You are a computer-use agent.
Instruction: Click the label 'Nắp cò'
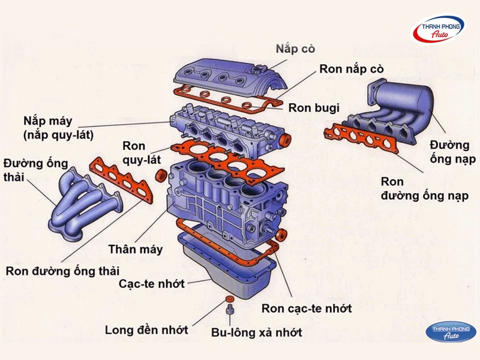coord(295,48)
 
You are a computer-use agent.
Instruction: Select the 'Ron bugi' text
coord(314,108)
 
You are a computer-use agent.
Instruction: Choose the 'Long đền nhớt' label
coord(146,330)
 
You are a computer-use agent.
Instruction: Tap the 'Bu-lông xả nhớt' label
coord(256,332)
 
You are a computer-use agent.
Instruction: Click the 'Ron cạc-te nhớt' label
coord(307,308)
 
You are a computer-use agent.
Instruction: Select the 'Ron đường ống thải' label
coord(63,270)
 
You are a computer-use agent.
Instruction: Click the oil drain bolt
coord(230,311)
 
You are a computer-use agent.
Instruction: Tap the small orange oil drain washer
coord(230,299)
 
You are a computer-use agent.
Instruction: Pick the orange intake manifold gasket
coord(360,139)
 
